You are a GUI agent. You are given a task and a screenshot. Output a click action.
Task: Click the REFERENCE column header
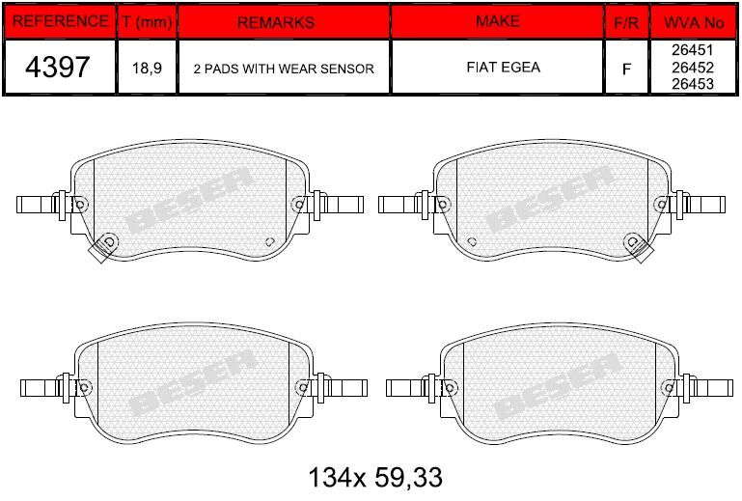pyautogui.click(x=59, y=21)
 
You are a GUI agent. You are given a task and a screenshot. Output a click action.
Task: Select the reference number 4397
pyautogui.click(x=59, y=68)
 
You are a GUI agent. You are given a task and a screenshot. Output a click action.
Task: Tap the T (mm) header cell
pyautogui.click(x=147, y=21)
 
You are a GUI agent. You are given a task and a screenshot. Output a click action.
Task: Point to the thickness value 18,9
pyautogui.click(x=147, y=69)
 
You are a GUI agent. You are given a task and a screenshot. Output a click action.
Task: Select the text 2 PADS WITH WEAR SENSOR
pyautogui.click(x=284, y=69)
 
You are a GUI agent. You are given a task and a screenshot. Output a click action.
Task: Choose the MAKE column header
pyautogui.click(x=497, y=21)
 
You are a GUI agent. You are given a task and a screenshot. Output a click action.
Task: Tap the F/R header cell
pyautogui.click(x=626, y=21)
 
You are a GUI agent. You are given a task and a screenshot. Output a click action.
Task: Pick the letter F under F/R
pyautogui.click(x=626, y=69)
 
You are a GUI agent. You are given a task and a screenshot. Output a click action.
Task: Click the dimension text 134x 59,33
pyautogui.click(x=374, y=476)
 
